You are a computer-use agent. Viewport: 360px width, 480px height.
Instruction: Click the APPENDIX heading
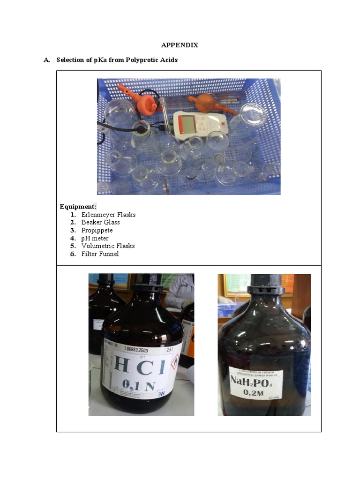(x=180, y=45)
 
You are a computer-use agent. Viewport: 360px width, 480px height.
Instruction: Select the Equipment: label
(x=78, y=206)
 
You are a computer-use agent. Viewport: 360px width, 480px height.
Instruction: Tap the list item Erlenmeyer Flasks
(x=108, y=215)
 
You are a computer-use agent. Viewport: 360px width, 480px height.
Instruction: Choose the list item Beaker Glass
(x=100, y=223)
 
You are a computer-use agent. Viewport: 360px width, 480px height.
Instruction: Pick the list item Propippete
(x=97, y=230)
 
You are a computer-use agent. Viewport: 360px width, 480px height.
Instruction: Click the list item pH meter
(x=95, y=238)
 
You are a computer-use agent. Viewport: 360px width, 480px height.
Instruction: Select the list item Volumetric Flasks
(x=108, y=246)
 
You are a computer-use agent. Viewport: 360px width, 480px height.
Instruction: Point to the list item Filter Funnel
(x=100, y=254)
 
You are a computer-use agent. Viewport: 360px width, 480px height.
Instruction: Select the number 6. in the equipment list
(x=73, y=254)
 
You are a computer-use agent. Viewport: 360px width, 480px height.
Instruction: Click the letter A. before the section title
(x=46, y=60)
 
